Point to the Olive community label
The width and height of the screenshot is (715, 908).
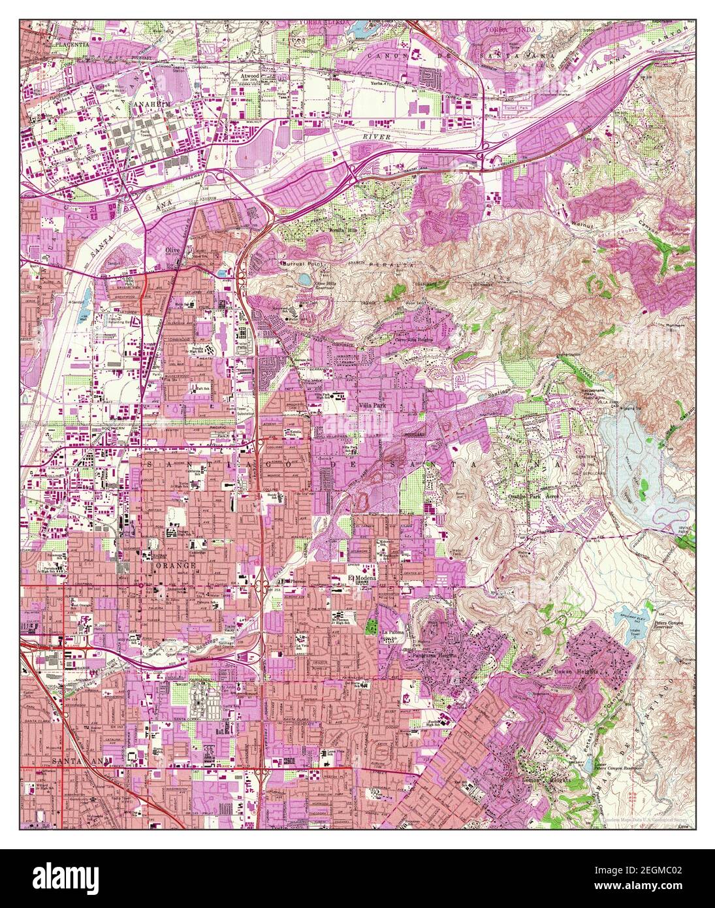click(x=172, y=250)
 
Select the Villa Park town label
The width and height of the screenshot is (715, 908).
click(x=373, y=405)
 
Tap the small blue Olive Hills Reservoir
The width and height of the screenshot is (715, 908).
click(x=306, y=280)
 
